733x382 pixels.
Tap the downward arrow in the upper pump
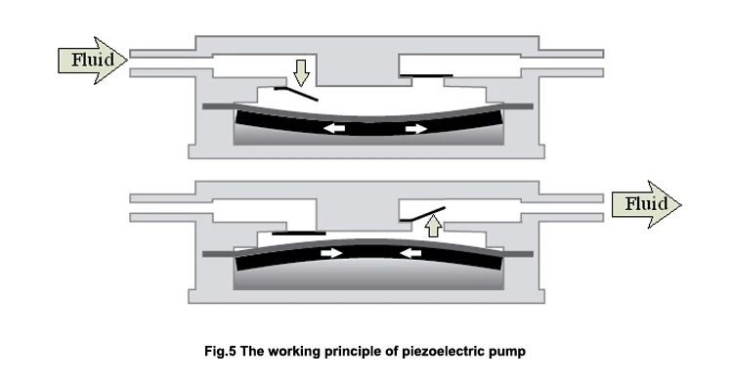[301, 72]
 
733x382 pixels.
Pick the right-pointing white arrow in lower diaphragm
[335, 253]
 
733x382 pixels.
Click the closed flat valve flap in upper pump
[426, 73]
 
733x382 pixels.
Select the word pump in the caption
[517, 350]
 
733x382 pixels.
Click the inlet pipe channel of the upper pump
[161, 61]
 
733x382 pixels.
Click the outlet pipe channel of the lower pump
[567, 203]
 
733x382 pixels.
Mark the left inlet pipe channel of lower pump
[161, 203]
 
